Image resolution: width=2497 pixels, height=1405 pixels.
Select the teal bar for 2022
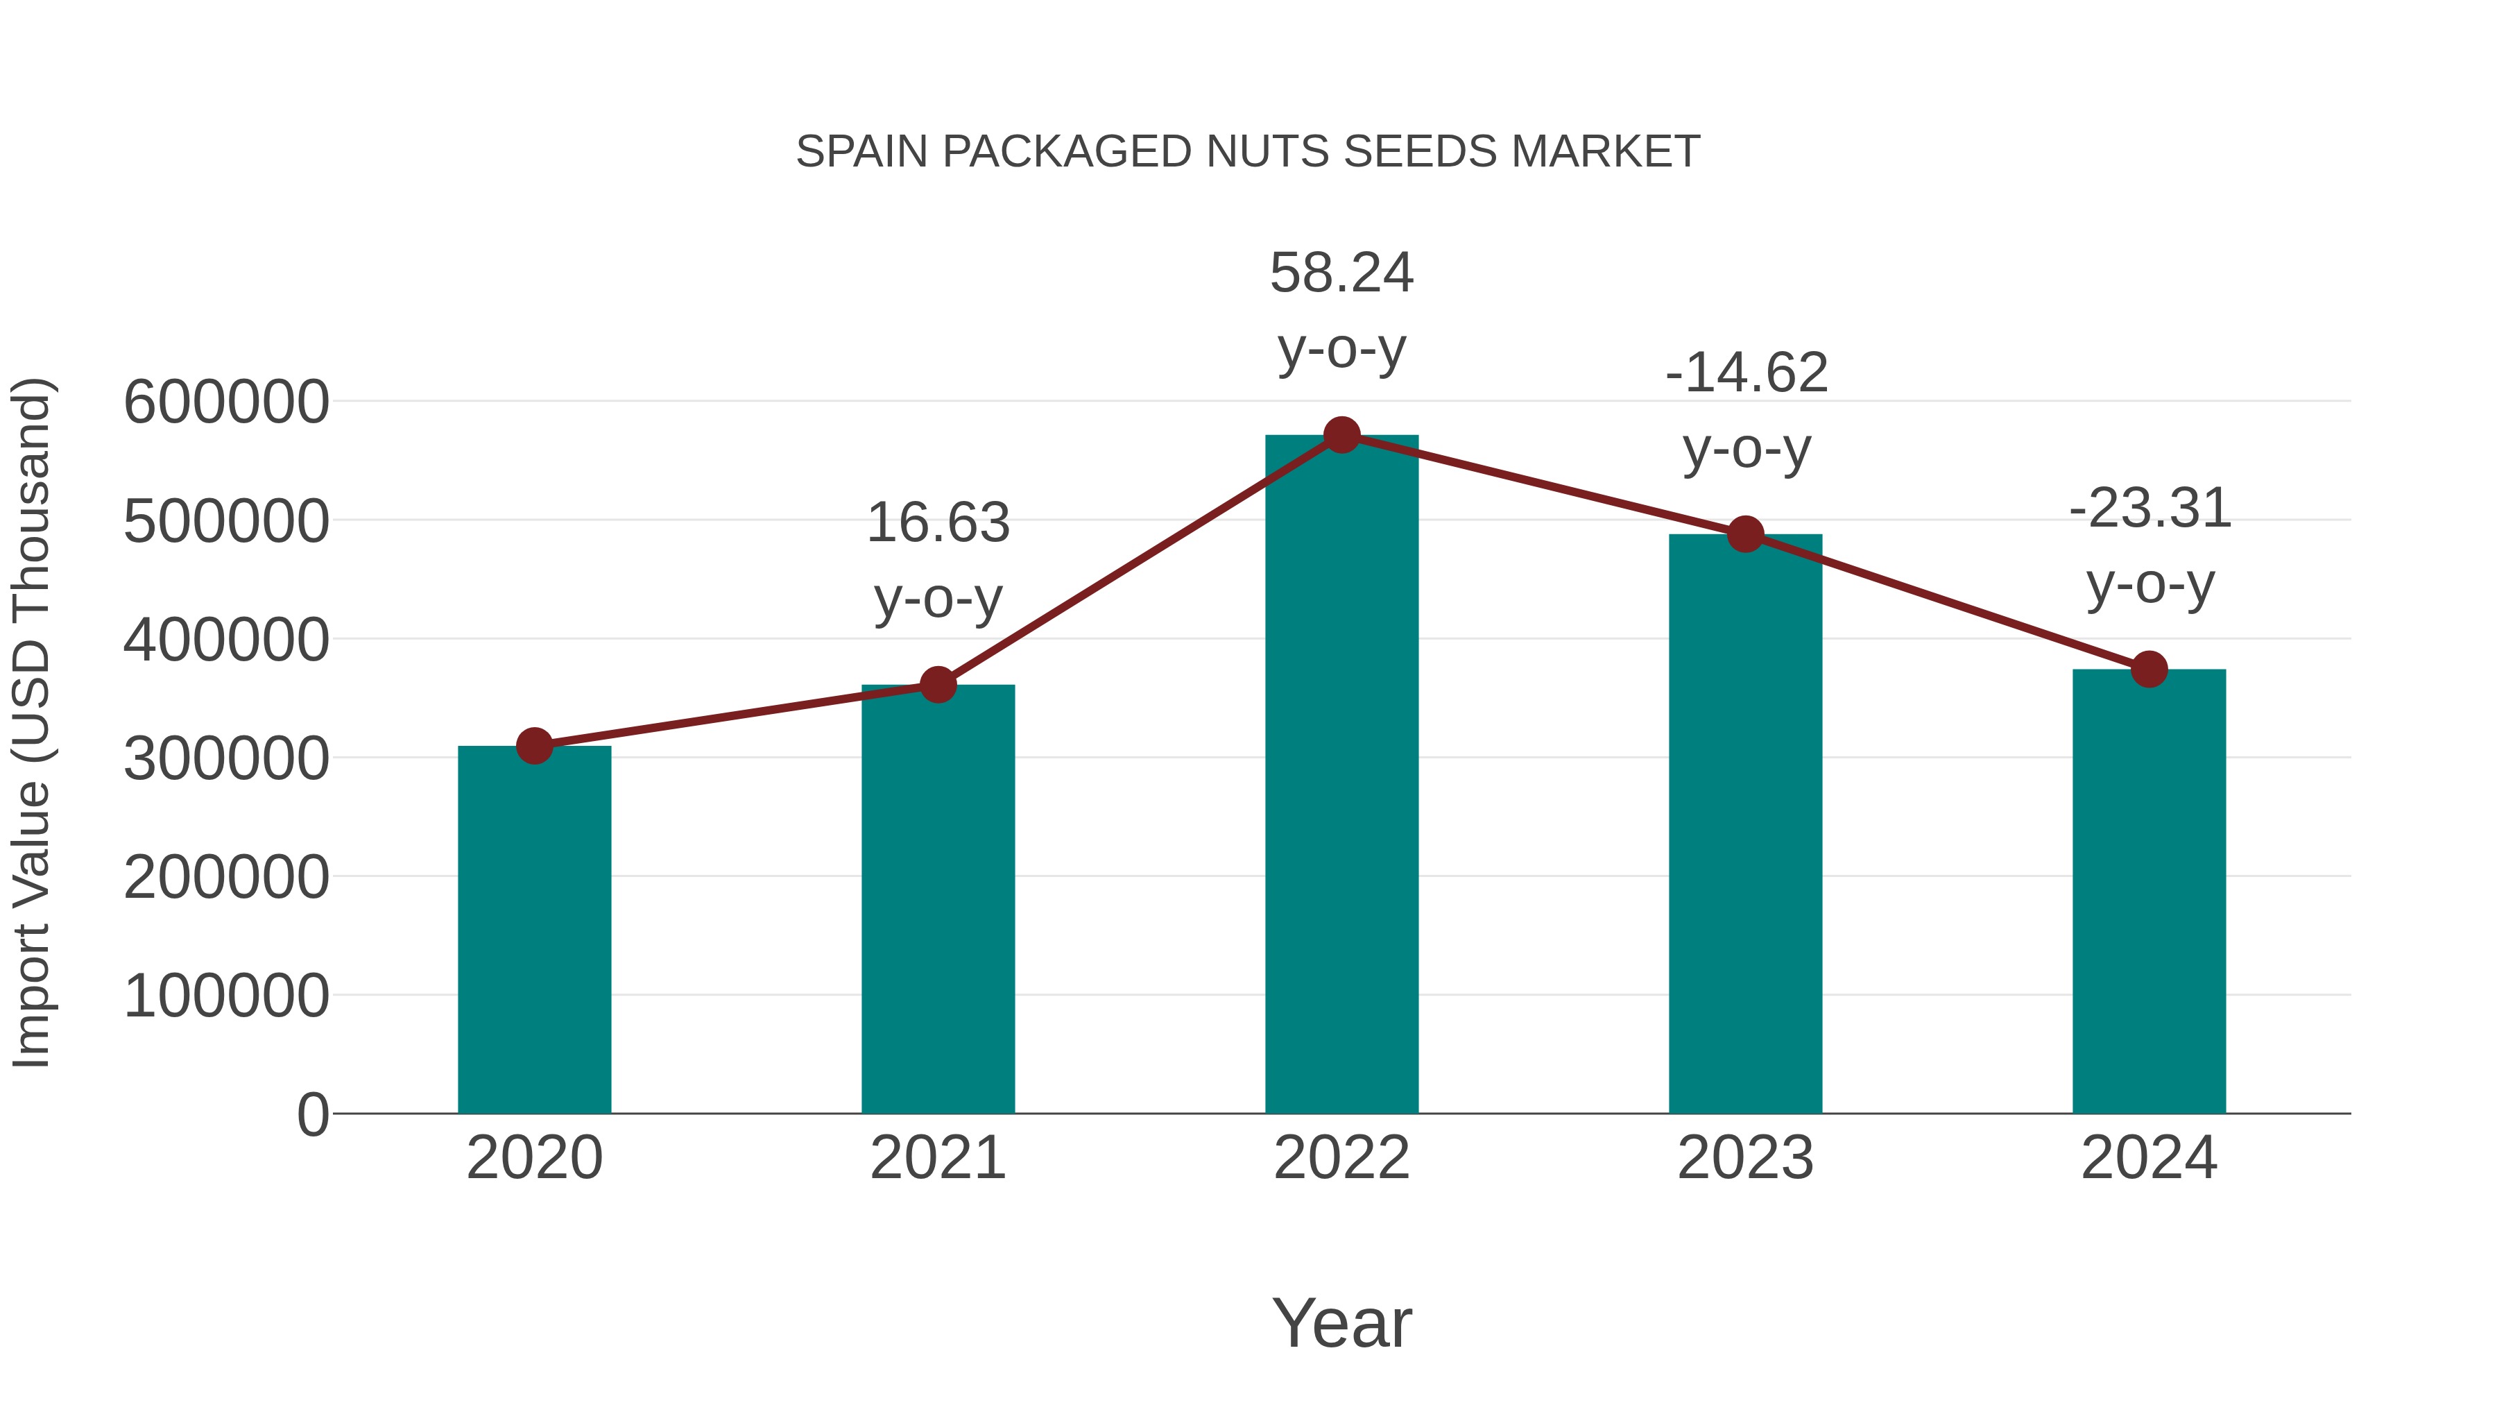tap(1341, 776)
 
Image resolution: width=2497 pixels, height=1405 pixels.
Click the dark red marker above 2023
tap(1745, 534)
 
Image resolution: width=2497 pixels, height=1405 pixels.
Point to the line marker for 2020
tap(534, 746)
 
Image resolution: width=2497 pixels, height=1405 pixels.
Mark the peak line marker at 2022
tap(1341, 435)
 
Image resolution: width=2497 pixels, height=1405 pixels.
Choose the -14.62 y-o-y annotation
tap(1746, 409)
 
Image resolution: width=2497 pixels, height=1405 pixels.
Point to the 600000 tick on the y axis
tap(226, 402)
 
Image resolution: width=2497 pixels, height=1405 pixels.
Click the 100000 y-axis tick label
tap(226, 996)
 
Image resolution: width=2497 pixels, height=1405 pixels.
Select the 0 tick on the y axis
tap(313, 1115)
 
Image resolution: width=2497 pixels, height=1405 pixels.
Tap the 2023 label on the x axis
tap(1745, 1158)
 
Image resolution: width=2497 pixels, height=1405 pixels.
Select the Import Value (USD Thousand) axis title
tap(31, 722)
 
